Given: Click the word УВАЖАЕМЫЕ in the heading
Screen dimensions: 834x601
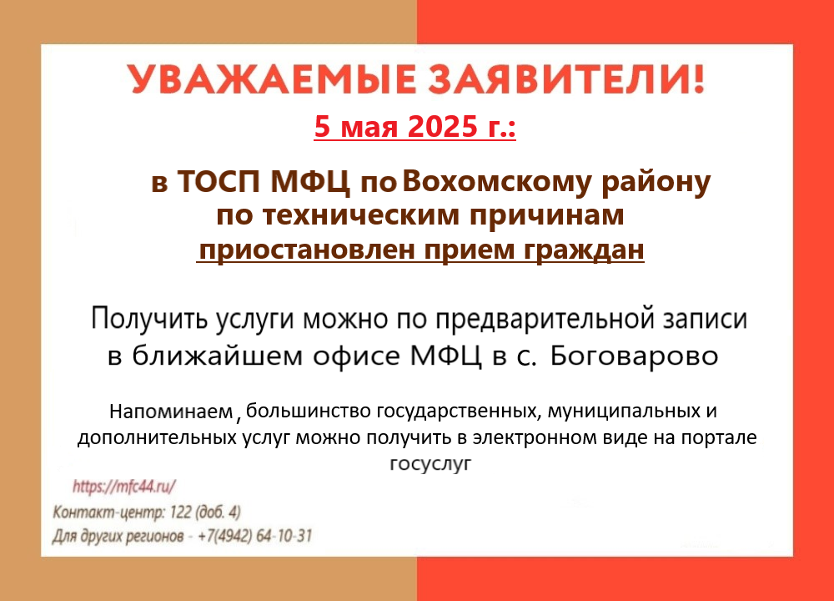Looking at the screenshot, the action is pos(271,80).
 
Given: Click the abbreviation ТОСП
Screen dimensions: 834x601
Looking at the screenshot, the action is pos(218,181).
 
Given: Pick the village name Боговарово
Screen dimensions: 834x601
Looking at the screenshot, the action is pos(634,356).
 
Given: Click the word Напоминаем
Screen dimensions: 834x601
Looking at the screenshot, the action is pos(171,412).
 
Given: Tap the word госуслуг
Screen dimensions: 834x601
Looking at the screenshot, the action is pos(430,463).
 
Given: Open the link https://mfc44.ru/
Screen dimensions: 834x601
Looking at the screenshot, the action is pos(124,486).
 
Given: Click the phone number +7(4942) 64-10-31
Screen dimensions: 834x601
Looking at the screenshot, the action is pos(254,536).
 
